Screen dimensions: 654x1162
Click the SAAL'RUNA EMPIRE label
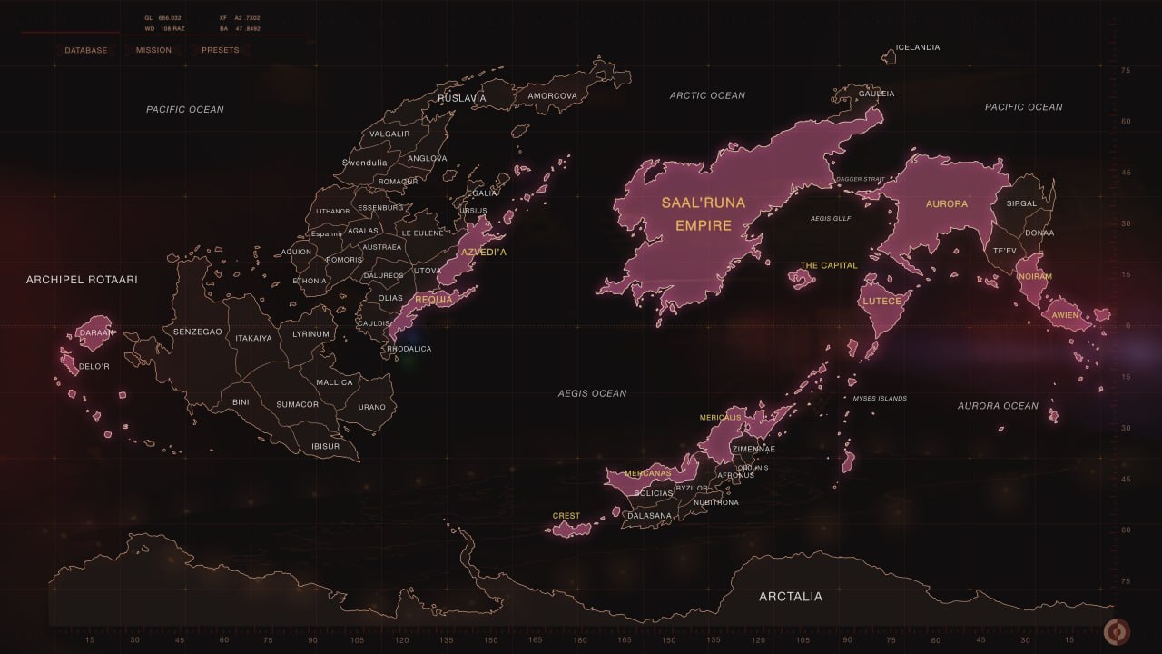coord(703,213)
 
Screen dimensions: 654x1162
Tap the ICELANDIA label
coord(918,47)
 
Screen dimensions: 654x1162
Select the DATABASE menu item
coord(85,50)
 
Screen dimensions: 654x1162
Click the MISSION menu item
coord(153,50)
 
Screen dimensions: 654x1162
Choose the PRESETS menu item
coord(220,50)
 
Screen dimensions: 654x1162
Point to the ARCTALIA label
coord(791,597)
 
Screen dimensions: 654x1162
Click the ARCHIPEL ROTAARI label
coord(82,280)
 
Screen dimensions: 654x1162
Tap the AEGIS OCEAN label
coord(592,393)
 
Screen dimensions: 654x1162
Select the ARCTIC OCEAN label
coord(707,95)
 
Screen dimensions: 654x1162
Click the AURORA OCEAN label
coord(998,406)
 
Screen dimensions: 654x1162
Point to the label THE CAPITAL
coord(828,265)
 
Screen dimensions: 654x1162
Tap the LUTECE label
coord(881,301)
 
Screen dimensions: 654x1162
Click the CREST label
coord(566,516)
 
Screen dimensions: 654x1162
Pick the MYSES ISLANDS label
coord(880,398)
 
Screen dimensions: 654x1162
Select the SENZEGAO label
coord(197,332)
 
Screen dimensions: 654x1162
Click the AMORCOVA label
coord(552,96)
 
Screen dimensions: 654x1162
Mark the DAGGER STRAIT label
coord(859,180)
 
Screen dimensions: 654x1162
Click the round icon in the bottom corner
coord(1116,631)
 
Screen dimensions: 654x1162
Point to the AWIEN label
coord(1066,315)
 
